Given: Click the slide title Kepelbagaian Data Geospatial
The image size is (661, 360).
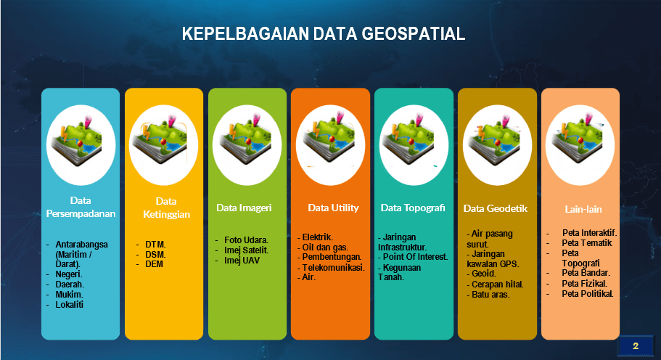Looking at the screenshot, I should pos(323,34).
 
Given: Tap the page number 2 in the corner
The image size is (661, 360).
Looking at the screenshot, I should pos(636,345).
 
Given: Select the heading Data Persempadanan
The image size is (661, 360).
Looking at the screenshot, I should pos(81,207).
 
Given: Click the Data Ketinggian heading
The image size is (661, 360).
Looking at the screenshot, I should pos(163,208).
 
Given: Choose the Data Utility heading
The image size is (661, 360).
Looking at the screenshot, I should pos(333,208).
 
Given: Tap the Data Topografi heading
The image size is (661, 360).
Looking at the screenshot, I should pos(413,208).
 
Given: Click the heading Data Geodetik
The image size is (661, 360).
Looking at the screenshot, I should pos(496,208).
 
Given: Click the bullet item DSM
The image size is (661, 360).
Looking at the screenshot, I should pos(155,255).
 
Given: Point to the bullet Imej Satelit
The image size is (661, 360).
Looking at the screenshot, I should pos(246,250).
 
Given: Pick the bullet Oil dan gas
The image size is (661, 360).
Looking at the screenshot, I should pos(325,247).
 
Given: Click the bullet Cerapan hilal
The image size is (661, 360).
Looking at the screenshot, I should pos(498,285).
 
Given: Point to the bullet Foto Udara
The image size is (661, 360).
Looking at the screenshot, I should pos(246,240).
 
